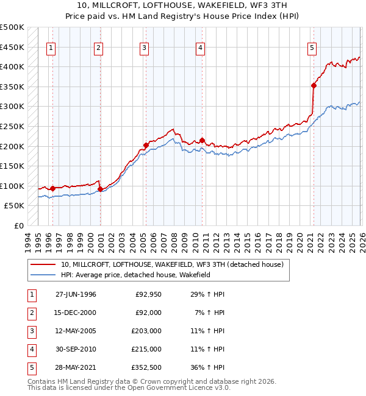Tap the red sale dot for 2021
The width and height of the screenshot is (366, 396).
click(x=314, y=86)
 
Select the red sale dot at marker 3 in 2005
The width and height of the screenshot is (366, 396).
click(x=146, y=145)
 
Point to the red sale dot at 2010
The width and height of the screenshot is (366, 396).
click(x=202, y=140)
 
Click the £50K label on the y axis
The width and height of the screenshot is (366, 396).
click(x=15, y=206)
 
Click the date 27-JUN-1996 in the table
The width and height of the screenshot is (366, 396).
click(x=76, y=294)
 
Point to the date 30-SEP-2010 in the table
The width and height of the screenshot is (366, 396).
click(x=76, y=349)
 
